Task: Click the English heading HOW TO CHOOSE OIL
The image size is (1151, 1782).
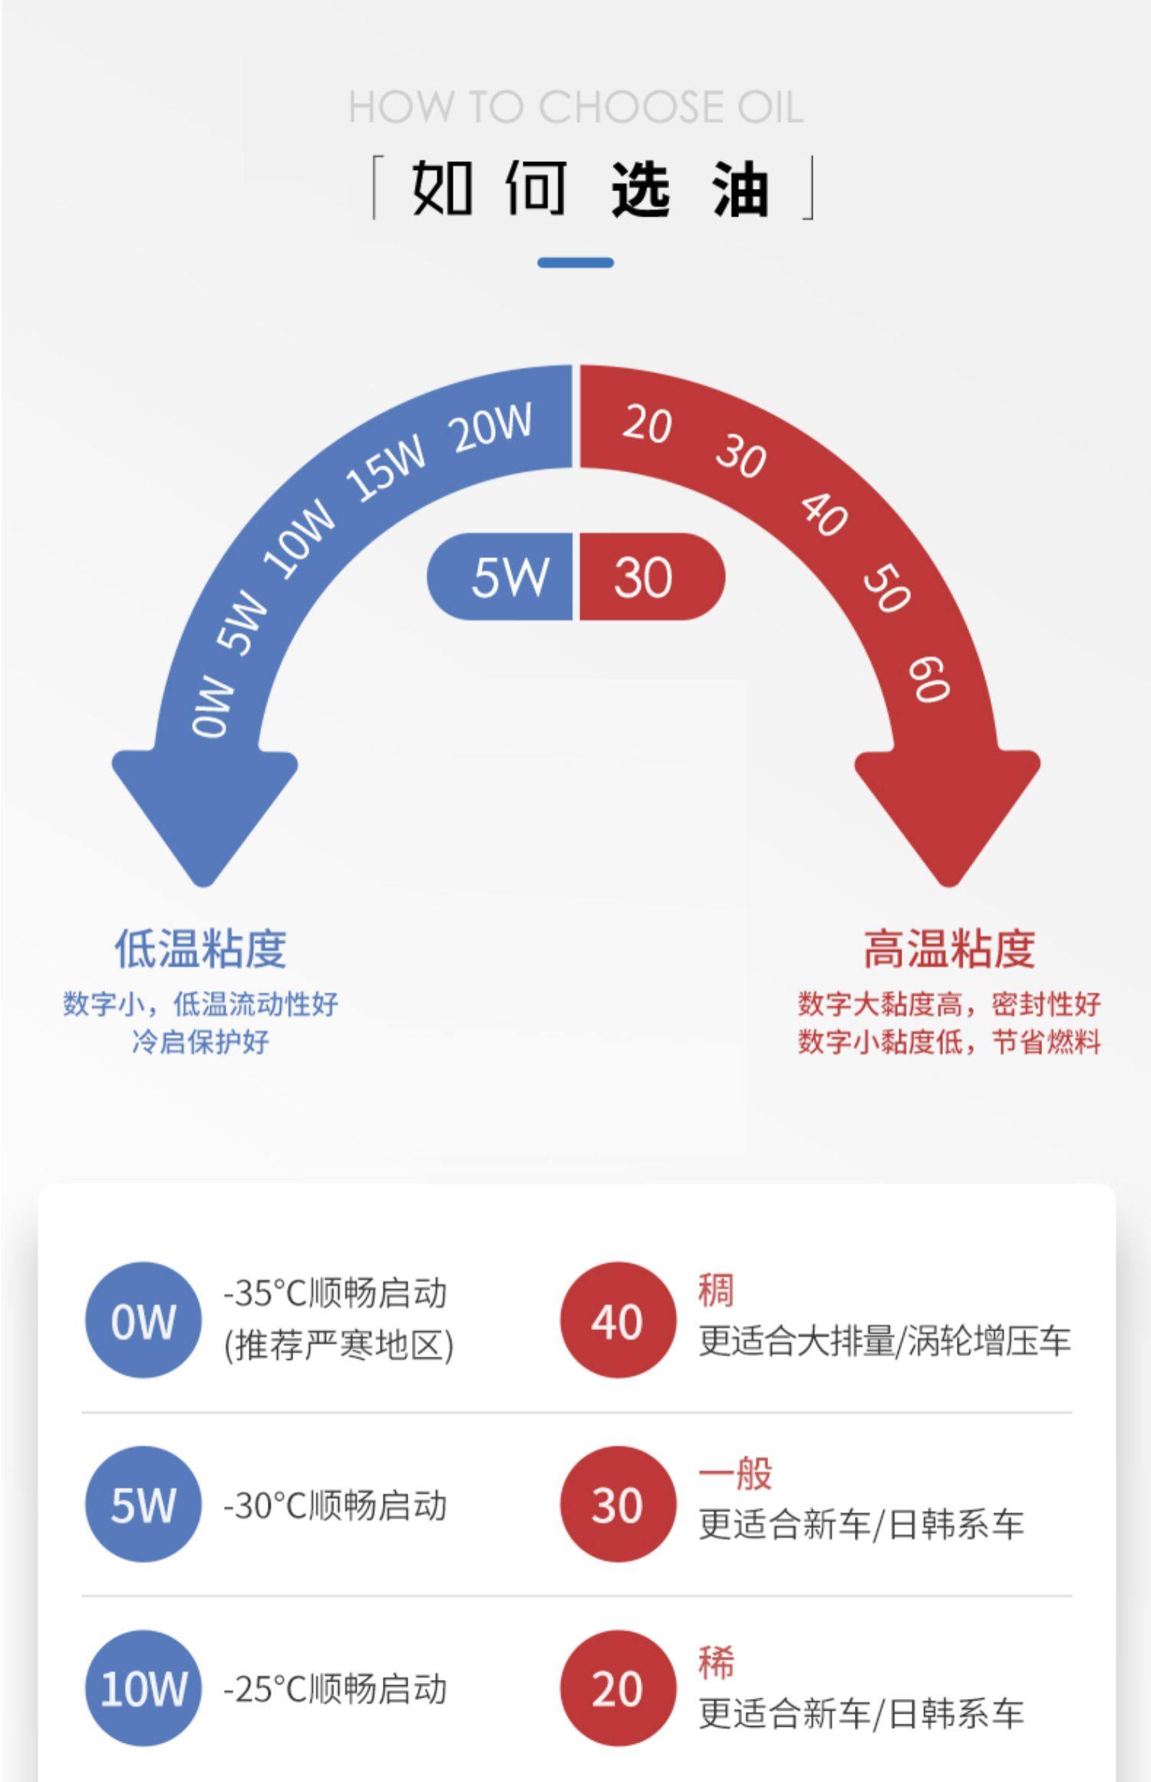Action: [x=575, y=107]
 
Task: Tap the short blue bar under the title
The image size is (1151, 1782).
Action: [x=575, y=262]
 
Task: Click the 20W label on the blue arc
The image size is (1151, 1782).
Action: [x=492, y=427]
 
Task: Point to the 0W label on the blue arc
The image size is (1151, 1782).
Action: [x=212, y=707]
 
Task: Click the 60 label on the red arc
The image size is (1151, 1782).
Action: [x=929, y=678]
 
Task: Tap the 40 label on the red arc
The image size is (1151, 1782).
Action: [x=824, y=513]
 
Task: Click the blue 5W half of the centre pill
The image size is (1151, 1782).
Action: [x=506, y=576]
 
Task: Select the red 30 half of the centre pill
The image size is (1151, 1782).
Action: [x=645, y=576]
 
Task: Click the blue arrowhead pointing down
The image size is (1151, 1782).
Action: [x=204, y=813]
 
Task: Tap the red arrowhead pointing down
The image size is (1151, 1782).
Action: [x=948, y=813]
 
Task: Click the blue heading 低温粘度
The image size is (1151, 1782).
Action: [x=200, y=949]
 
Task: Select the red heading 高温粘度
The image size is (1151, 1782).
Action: [x=949, y=949]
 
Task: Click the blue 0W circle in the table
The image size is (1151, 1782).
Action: [x=143, y=1321]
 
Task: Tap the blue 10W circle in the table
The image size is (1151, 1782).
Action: [x=143, y=1689]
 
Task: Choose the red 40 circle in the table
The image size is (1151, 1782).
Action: [x=618, y=1321]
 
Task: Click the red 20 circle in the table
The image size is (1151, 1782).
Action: [x=618, y=1689]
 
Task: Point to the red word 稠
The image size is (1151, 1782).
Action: [x=716, y=1290]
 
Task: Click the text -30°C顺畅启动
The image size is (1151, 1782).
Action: [x=335, y=1505]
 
